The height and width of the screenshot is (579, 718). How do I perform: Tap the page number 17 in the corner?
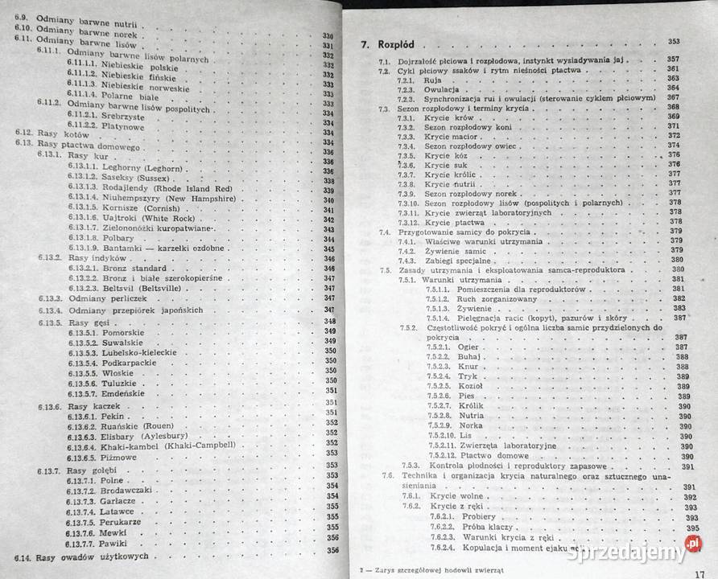point(703,572)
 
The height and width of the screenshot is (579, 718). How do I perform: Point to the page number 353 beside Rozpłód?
point(673,41)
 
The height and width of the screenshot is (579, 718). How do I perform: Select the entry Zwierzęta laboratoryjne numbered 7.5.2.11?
point(503,446)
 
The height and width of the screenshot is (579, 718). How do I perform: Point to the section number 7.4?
point(385,231)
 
